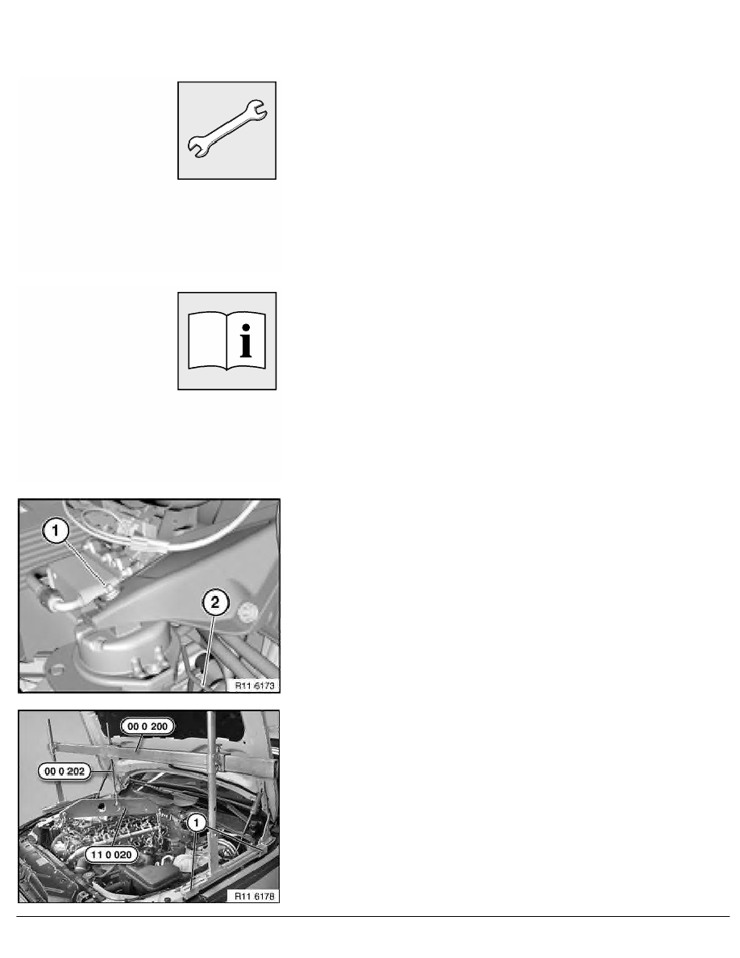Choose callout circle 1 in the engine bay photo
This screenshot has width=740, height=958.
195,823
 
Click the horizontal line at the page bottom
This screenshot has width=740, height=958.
370,916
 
